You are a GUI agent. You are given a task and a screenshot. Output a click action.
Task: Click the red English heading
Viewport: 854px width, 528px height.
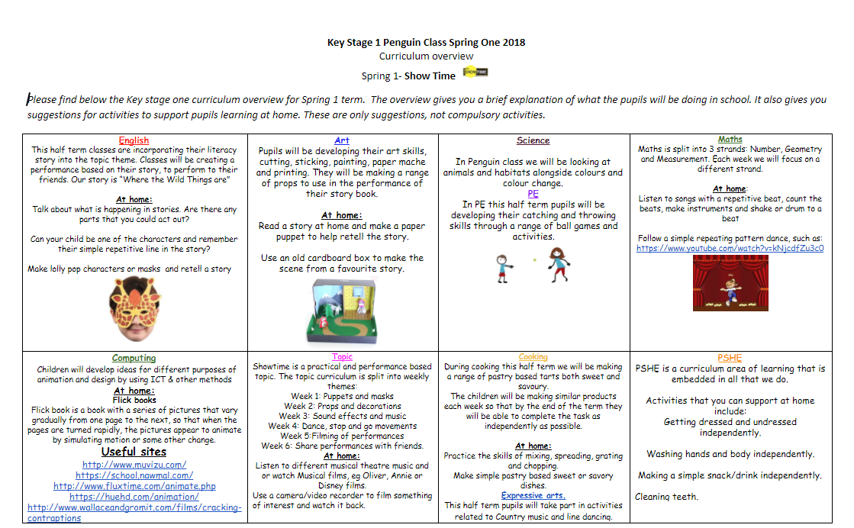(x=134, y=140)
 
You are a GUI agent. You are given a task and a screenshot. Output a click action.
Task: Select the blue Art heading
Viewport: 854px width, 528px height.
(x=341, y=140)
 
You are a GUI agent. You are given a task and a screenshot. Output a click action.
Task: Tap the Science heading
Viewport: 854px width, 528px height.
(x=533, y=140)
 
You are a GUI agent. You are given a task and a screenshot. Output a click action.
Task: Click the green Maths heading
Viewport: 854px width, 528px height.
(x=730, y=140)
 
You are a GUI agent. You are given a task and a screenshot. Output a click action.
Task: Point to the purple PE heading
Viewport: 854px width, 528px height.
(x=533, y=194)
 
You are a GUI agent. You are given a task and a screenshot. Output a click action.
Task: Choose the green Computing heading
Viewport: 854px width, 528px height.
(x=134, y=358)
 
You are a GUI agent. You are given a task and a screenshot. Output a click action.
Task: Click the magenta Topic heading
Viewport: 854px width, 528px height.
(x=342, y=357)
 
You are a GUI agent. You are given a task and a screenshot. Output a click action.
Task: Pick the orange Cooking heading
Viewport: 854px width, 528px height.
(x=533, y=357)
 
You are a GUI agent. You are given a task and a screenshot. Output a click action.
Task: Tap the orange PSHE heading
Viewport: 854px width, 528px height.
(x=730, y=358)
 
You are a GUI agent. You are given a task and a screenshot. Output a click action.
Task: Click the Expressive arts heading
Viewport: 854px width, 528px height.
(x=533, y=495)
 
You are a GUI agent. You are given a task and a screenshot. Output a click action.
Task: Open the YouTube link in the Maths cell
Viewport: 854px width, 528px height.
(x=730, y=248)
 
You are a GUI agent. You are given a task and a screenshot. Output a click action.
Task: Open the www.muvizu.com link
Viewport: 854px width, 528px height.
(x=134, y=464)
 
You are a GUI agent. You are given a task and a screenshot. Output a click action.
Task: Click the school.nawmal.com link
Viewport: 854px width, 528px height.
(x=134, y=475)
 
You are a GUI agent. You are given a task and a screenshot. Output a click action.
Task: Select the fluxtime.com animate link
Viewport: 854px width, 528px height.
(x=134, y=485)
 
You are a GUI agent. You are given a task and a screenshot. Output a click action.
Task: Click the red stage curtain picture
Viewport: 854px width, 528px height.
(x=730, y=283)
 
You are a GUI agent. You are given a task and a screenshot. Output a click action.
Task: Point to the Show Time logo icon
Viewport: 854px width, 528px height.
(x=475, y=72)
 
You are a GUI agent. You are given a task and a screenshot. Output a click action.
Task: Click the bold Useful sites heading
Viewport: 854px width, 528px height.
(x=134, y=452)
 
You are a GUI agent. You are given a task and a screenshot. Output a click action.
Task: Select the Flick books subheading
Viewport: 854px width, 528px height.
(x=134, y=399)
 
